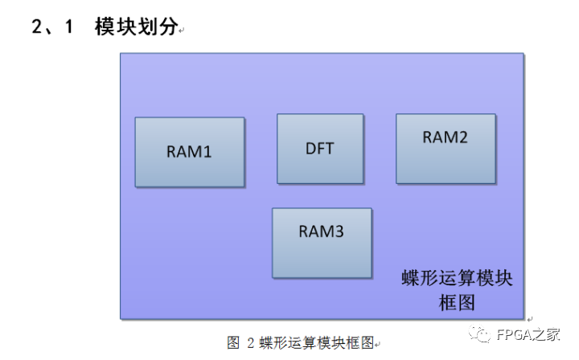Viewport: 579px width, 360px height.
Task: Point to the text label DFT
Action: click(319, 149)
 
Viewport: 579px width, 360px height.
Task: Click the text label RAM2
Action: click(445, 137)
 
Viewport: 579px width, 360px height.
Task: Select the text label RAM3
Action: click(322, 231)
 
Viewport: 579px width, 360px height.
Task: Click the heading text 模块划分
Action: click(134, 27)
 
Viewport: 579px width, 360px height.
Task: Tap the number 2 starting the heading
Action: click(37, 27)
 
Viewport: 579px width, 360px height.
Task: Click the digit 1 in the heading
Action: click(69, 27)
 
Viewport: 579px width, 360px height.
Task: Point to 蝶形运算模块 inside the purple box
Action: click(457, 279)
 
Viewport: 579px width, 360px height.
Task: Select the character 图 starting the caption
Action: click(233, 343)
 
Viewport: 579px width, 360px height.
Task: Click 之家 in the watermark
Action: click(551, 335)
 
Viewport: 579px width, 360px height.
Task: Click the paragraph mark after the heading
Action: click(182, 31)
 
